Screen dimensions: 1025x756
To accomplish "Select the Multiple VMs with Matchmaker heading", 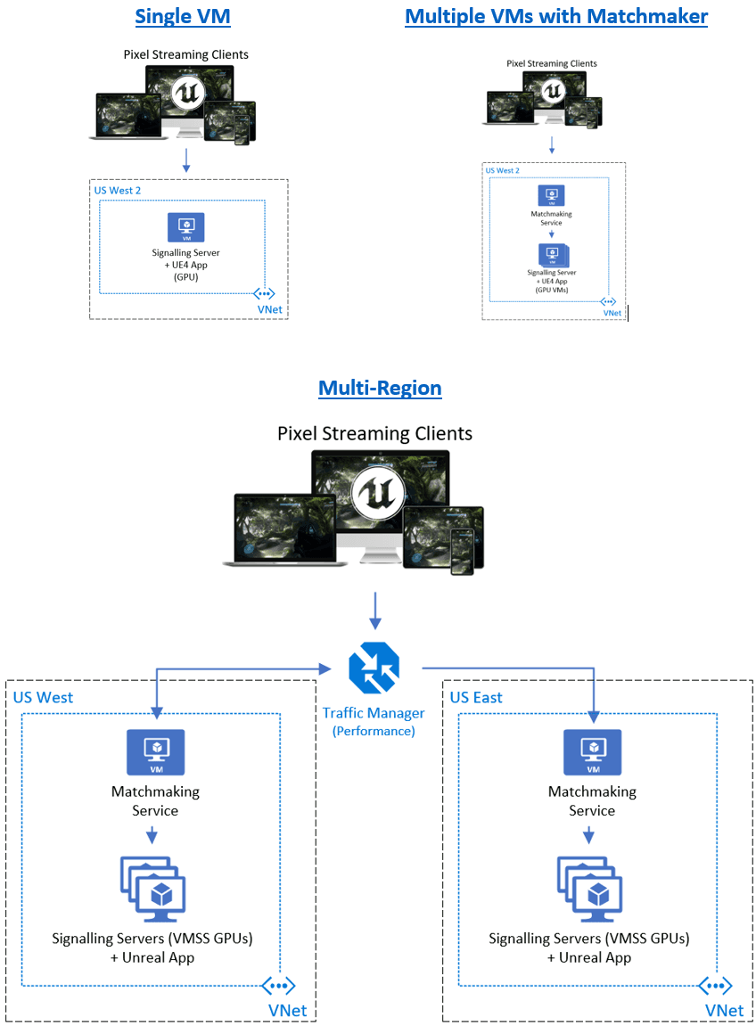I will coord(556,16).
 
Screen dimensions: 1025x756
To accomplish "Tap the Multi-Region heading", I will coord(380,389).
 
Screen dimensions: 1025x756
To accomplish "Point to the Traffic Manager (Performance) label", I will coord(374,721).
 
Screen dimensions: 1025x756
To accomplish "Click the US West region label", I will coord(44,697).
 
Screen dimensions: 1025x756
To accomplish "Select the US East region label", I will coord(476,697).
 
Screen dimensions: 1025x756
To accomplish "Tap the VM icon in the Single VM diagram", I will coord(186,227).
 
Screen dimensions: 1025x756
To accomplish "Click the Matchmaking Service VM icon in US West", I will coord(156,751).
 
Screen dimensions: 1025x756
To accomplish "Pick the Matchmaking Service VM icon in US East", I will coord(592,751).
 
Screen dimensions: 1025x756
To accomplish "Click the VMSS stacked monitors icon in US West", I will coord(152,890).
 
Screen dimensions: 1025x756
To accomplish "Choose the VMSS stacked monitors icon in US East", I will coord(589,890).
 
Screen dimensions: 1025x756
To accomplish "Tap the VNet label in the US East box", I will coord(724,1010).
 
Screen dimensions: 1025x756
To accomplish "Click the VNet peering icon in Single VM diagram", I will coord(264,293).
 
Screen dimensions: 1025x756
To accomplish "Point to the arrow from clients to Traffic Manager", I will coord(375,611).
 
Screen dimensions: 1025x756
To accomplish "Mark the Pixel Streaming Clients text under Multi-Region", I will coord(375,434).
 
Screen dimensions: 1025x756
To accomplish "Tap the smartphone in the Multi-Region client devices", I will coord(462,551).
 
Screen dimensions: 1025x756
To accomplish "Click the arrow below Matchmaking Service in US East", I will coord(588,835).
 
